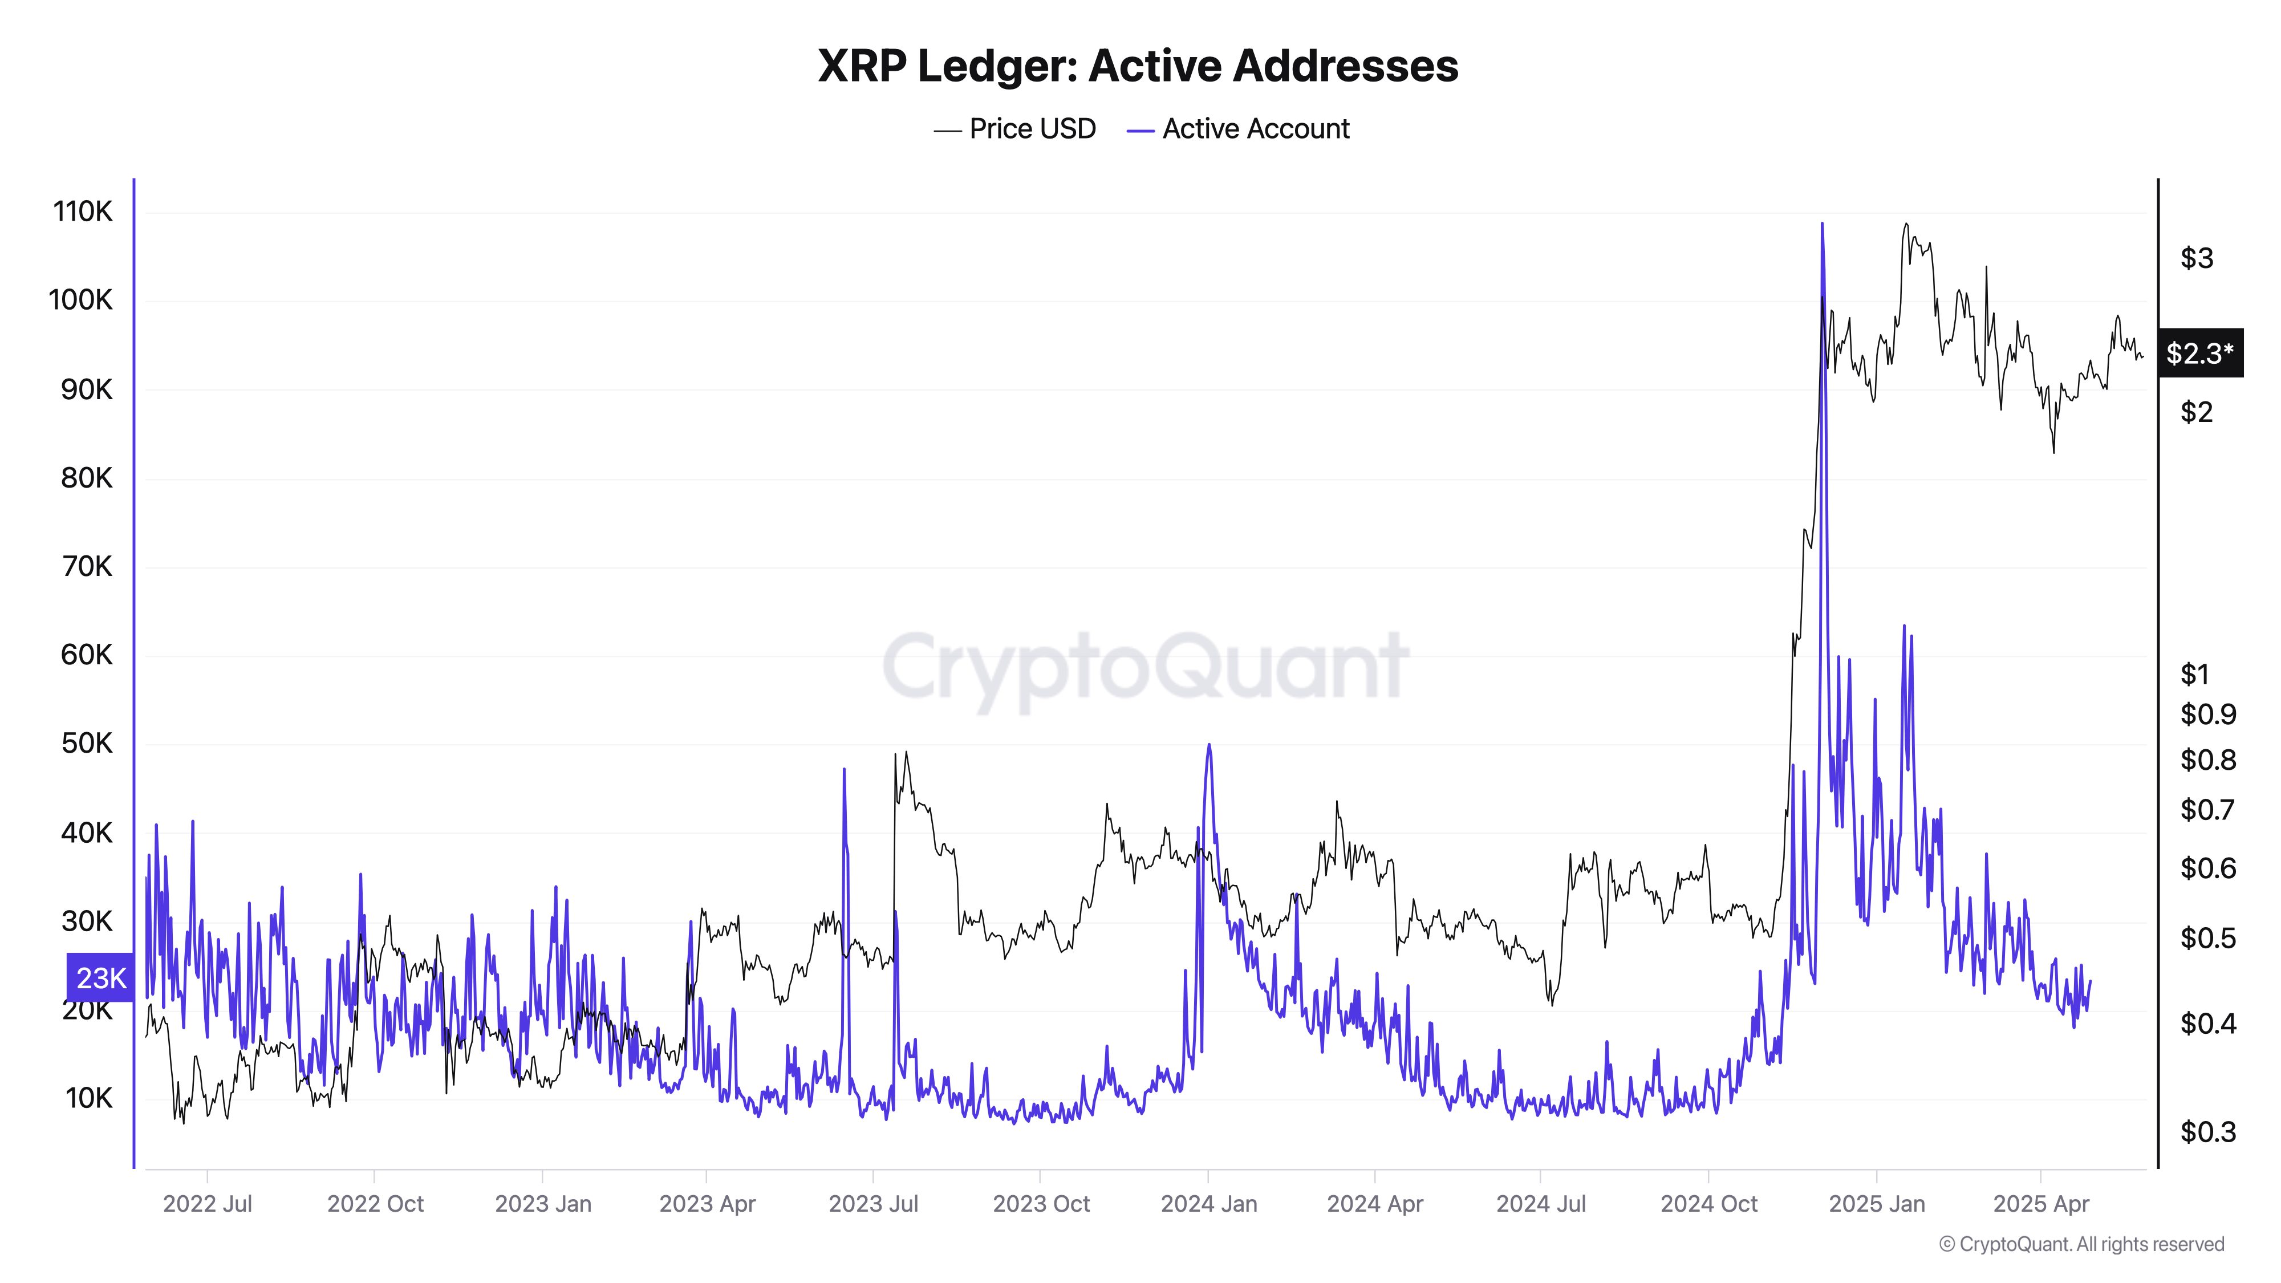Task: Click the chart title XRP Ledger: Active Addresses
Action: coord(1138,66)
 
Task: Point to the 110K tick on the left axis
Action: coord(83,212)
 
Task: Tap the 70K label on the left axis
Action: coord(87,567)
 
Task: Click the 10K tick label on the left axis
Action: coord(88,1098)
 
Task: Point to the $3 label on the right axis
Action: coord(2196,258)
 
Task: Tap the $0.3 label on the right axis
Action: coord(2207,1131)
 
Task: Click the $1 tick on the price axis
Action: coord(2194,675)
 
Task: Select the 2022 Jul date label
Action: coord(207,1204)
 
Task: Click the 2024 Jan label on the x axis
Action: coord(1209,1204)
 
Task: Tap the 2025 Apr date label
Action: coord(2040,1204)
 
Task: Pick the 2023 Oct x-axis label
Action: coord(1041,1204)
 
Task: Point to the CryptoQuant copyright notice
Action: coord(2081,1244)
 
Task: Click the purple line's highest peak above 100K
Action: coord(1821,224)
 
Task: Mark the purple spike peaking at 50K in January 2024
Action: coord(1209,745)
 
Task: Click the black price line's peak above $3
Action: coord(1906,225)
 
